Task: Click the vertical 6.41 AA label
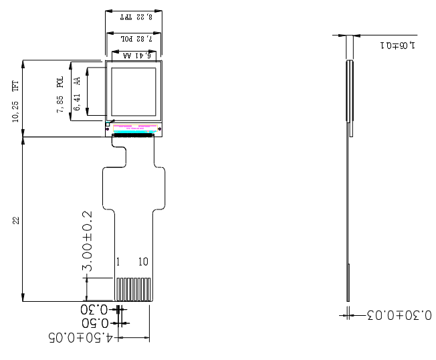[78, 94]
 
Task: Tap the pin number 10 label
[143, 262]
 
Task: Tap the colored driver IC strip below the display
[136, 127]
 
